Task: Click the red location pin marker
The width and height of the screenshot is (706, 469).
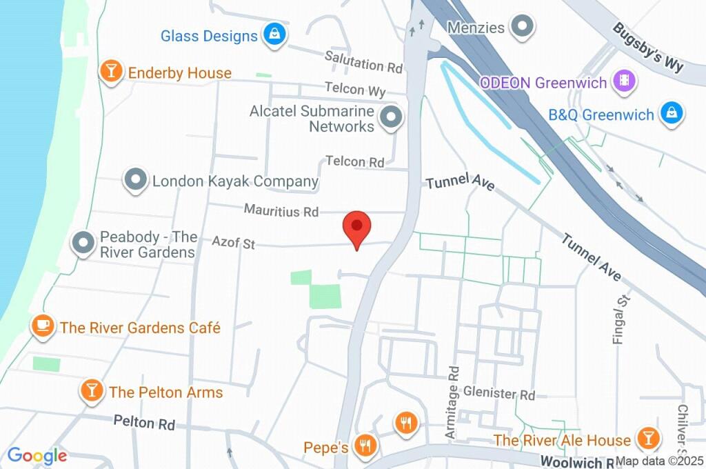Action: click(x=357, y=228)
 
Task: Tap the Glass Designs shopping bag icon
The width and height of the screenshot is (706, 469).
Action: click(x=274, y=35)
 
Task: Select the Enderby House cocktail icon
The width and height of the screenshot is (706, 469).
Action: click(x=110, y=72)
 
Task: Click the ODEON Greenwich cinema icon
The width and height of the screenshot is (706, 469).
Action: click(x=625, y=82)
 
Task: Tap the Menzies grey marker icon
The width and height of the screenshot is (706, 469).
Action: click(x=523, y=28)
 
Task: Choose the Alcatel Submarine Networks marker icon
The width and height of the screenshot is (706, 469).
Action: click(x=392, y=119)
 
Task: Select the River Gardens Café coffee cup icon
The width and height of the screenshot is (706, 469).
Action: click(x=43, y=327)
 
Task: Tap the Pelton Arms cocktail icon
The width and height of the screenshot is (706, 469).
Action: click(x=92, y=392)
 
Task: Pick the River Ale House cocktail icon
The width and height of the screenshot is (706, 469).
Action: click(x=647, y=439)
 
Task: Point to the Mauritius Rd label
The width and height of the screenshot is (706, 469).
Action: click(x=281, y=210)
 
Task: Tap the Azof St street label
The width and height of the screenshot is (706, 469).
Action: click(x=234, y=242)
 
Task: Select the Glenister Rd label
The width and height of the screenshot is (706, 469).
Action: click(x=499, y=394)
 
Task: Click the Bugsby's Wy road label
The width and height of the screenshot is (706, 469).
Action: click(x=647, y=48)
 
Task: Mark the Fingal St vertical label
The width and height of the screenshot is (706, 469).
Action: click(x=623, y=318)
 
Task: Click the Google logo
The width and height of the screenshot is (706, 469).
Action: click(x=37, y=455)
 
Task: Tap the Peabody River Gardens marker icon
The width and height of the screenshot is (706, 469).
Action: click(x=84, y=244)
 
